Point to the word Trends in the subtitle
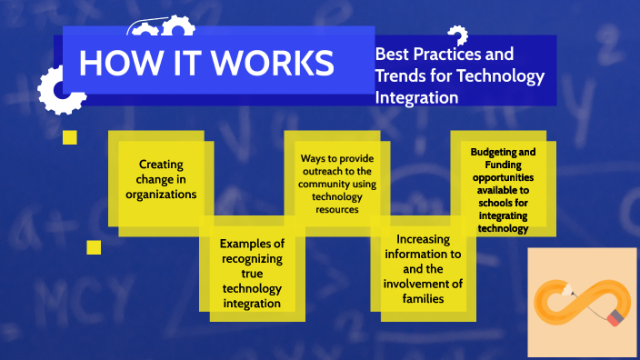pyautogui.click(x=404, y=76)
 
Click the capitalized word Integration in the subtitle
pyautogui.click(x=416, y=97)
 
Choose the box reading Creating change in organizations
pyautogui.click(x=161, y=178)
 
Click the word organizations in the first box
pyautogui.click(x=161, y=194)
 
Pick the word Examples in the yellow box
pyautogui.click(x=252, y=244)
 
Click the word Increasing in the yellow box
pyautogui.click(x=423, y=239)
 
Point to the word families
pyautogui.click(x=423, y=298)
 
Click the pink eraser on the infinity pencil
pyautogui.click(x=615, y=316)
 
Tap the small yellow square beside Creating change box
pyautogui.click(x=70, y=138)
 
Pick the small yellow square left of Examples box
pyautogui.click(x=94, y=247)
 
